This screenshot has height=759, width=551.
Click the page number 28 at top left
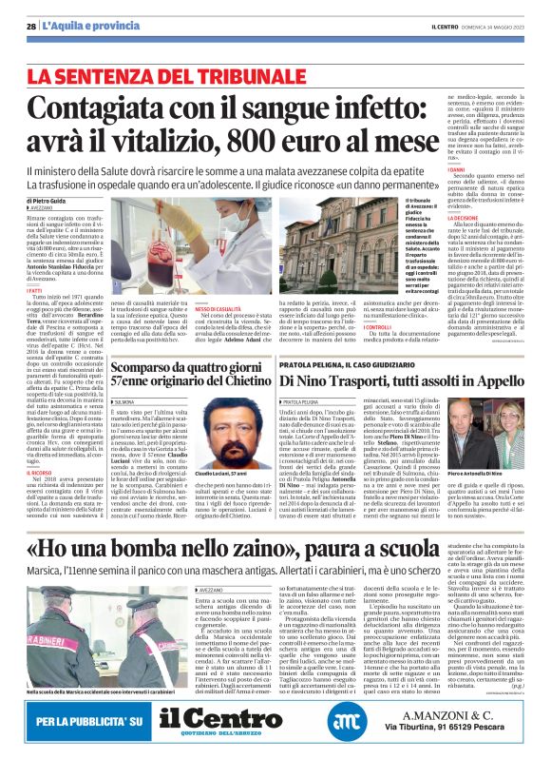pos(30,25)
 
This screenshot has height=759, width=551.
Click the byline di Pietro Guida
pos(47,202)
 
